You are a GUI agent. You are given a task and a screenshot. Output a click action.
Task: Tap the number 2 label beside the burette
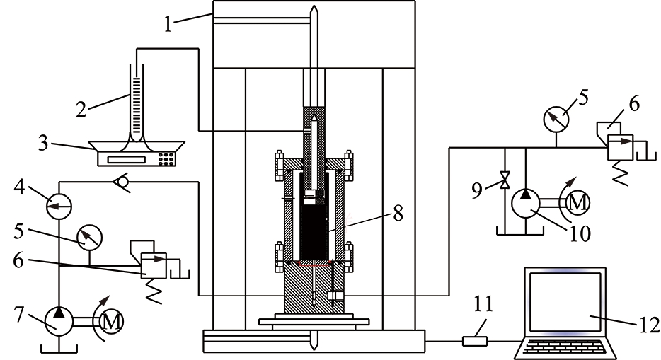click(81, 109)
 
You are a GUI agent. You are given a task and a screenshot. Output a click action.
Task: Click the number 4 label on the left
click(18, 187)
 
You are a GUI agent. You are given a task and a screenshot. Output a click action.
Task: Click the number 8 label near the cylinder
click(398, 213)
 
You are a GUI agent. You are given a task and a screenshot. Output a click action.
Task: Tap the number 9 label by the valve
click(477, 190)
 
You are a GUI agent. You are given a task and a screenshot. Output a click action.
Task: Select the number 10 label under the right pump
click(580, 233)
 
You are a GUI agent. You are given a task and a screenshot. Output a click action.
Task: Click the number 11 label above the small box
click(483, 304)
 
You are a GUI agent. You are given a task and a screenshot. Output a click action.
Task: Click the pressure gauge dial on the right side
click(556, 120)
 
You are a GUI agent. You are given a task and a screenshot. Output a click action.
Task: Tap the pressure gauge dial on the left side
click(89, 238)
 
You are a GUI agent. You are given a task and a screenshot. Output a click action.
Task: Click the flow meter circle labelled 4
click(59, 206)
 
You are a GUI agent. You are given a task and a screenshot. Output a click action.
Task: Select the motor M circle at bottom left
click(111, 323)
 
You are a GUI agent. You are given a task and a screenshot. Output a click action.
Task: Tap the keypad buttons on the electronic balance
click(167, 158)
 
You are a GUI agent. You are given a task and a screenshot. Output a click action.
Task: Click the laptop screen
click(565, 302)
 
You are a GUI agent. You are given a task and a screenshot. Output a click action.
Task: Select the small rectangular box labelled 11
click(475, 341)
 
